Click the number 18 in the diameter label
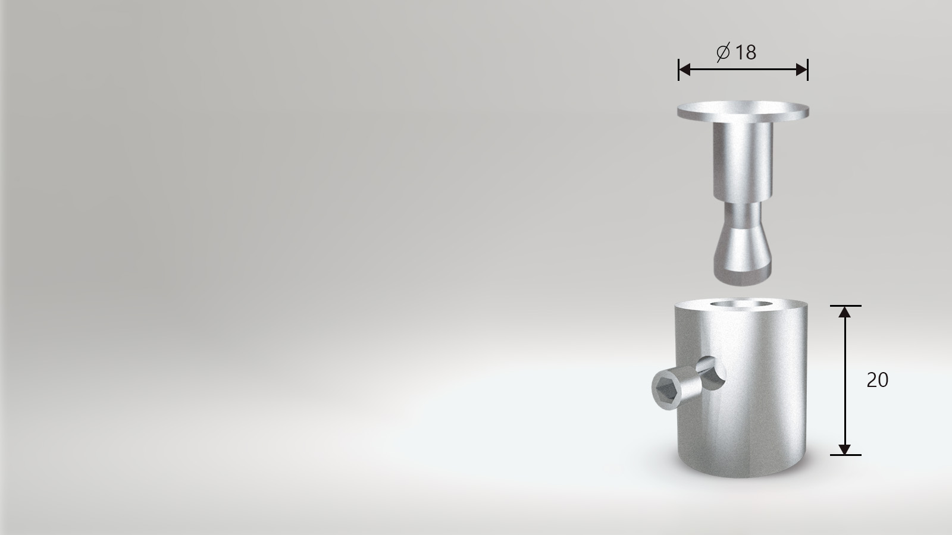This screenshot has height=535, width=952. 746,53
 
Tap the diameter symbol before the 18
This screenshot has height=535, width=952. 723,52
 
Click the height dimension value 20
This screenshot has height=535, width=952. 877,380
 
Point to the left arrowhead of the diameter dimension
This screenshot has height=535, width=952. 685,69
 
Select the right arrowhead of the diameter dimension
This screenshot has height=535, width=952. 801,69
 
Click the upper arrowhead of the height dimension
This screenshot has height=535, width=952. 844,312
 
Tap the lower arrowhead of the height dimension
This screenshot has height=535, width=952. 844,449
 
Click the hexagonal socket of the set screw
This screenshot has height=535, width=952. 664,389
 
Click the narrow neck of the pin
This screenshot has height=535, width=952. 743,216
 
